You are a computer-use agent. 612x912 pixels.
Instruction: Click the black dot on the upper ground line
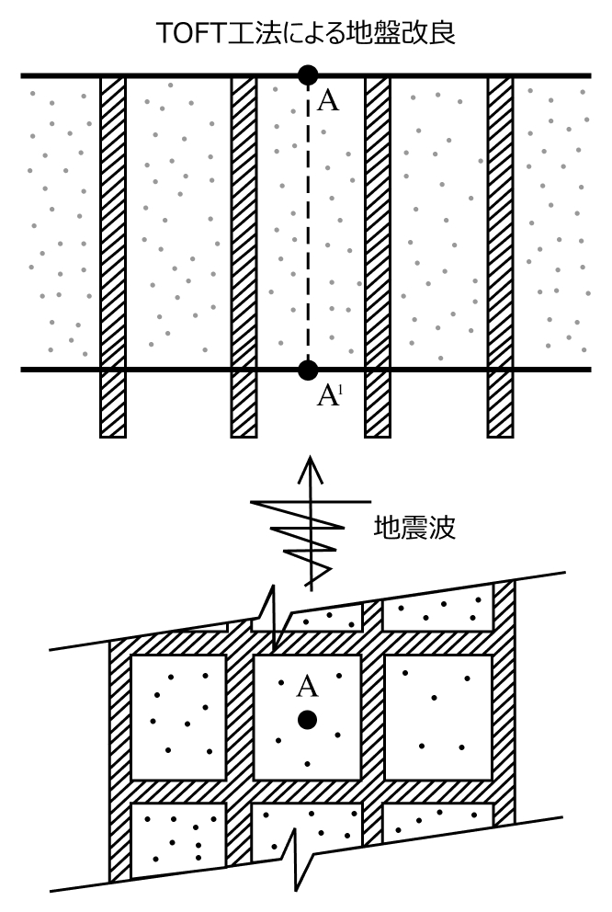coord(308,74)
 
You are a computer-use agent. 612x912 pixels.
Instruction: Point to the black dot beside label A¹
coord(308,370)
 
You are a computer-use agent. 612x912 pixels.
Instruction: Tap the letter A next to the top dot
coord(327,100)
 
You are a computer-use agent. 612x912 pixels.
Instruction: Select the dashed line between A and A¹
coord(308,221)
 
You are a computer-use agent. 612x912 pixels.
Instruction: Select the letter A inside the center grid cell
coord(308,685)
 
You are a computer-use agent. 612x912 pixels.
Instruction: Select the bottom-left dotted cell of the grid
coord(178,839)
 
